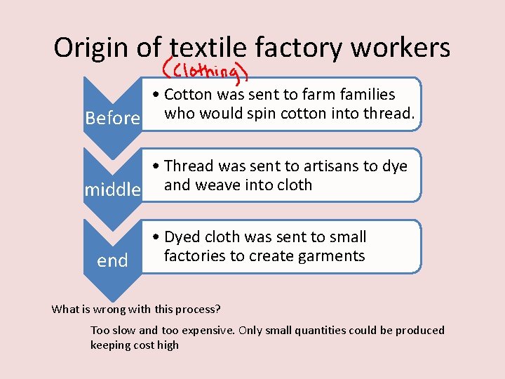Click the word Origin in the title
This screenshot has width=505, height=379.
[91, 48]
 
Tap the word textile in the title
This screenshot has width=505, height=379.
[208, 48]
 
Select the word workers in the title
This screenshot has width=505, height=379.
[400, 48]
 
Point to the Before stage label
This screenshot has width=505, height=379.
[112, 118]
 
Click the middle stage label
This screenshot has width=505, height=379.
[113, 189]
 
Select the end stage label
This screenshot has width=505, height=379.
[112, 261]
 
